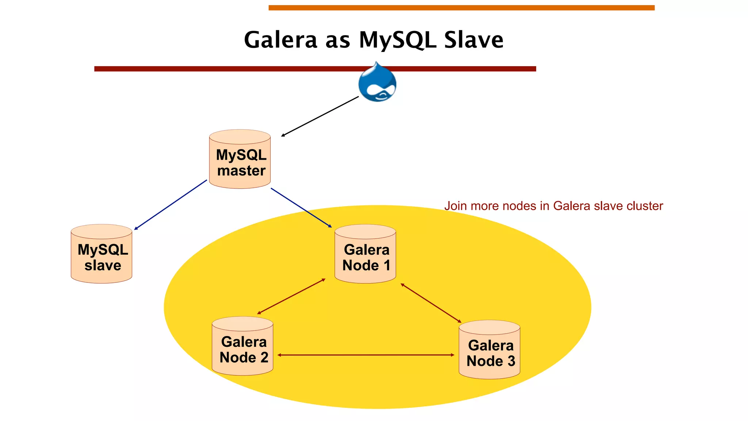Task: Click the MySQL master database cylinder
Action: pos(240,159)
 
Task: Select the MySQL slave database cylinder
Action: pos(102,254)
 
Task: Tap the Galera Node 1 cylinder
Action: pos(365,254)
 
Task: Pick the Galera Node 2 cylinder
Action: pos(243,346)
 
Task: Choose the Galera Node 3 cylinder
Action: pos(489,350)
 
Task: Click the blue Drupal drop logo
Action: pos(377,83)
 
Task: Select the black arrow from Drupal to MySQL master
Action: pos(320,117)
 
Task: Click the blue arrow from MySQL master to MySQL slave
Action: pos(170,205)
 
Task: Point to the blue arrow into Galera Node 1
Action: pos(301,208)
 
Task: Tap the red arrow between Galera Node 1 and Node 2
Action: pos(291,296)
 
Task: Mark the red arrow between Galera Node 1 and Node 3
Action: pos(431,303)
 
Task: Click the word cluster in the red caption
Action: pos(645,206)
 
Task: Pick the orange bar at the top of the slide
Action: pos(461,8)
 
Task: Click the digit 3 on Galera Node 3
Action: pos(511,361)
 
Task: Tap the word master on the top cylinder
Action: pos(241,171)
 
